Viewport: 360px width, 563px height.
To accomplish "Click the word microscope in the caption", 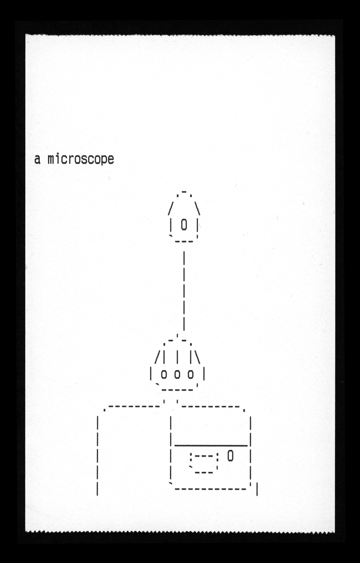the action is click(x=81, y=159).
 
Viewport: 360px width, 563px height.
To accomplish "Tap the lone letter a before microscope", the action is click(x=37, y=159).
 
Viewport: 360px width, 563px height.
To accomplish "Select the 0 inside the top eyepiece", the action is click(x=184, y=225).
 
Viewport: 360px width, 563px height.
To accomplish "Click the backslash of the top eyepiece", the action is click(x=197, y=209).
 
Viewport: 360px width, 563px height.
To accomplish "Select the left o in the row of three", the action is click(x=164, y=374).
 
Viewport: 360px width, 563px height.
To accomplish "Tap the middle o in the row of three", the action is click(x=177, y=374).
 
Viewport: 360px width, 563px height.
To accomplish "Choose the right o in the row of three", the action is click(x=190, y=374).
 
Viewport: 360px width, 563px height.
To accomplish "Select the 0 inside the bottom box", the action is click(x=230, y=456).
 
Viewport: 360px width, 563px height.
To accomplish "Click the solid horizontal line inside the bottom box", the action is click(x=211, y=445).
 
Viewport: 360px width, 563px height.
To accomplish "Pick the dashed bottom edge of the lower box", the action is click(x=211, y=489).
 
